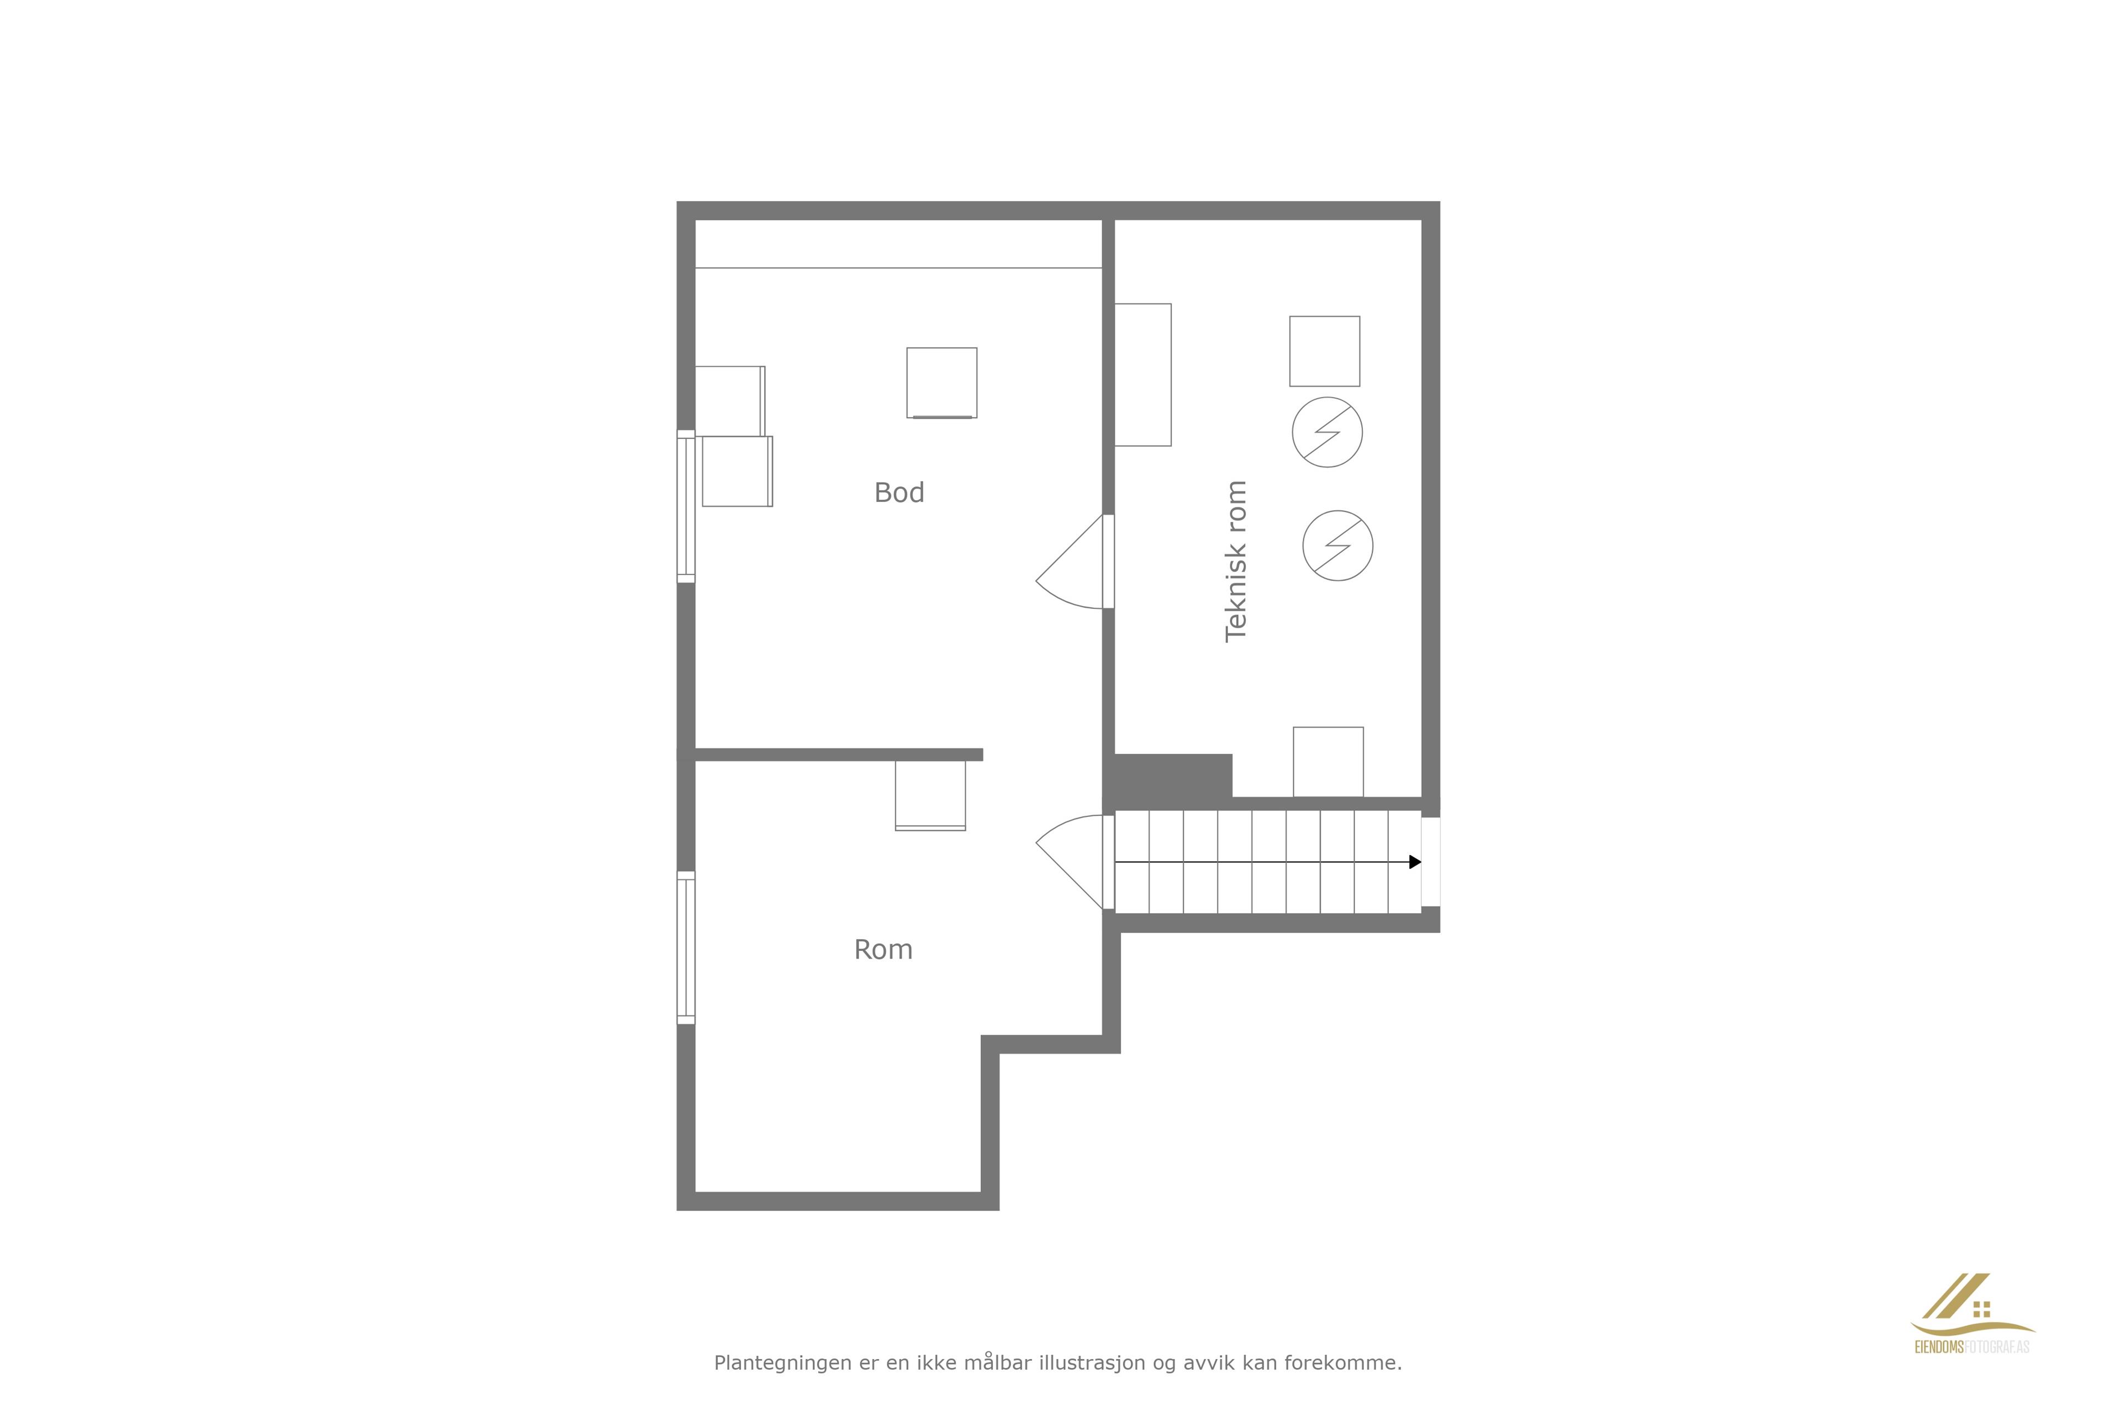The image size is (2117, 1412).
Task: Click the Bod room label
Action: pyautogui.click(x=899, y=493)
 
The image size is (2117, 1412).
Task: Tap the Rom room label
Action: pyautogui.click(x=883, y=950)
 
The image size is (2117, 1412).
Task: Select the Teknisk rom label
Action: pyautogui.click(x=1236, y=561)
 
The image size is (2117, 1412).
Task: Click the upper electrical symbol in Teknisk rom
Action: pyautogui.click(x=1327, y=432)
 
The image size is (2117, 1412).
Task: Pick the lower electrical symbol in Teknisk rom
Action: pyautogui.click(x=1337, y=545)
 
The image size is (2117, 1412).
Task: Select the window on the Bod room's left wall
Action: pyautogui.click(x=686, y=506)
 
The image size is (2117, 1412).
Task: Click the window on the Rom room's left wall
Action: pyautogui.click(x=686, y=948)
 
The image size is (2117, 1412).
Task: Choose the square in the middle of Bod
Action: pyautogui.click(x=942, y=383)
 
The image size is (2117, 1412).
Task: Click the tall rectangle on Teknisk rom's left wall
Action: pyautogui.click(x=1143, y=375)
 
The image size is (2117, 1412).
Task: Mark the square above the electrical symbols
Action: pyautogui.click(x=1325, y=351)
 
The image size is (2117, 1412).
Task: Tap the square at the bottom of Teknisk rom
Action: pyautogui.click(x=1329, y=762)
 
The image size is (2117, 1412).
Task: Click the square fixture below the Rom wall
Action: pyautogui.click(x=931, y=795)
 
